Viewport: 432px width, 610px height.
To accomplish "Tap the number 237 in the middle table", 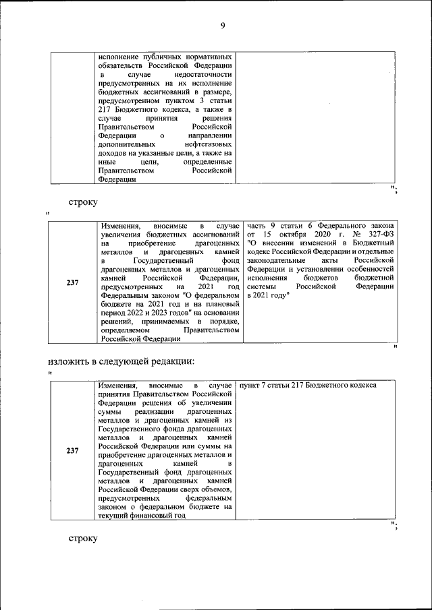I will click(x=73, y=282).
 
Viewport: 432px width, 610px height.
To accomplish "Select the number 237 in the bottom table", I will click(x=73, y=451).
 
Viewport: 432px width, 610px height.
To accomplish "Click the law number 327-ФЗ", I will click(x=380, y=233).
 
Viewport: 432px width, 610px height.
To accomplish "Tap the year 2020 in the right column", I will click(x=326, y=233).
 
